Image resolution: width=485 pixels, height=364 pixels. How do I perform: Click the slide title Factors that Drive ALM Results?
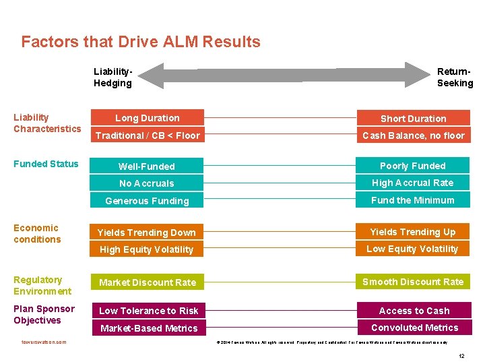click(x=141, y=42)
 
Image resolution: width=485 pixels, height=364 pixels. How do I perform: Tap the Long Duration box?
click(x=148, y=118)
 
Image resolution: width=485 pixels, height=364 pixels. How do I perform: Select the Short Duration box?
click(x=413, y=119)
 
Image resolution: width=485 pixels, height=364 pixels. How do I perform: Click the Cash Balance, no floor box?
click(x=413, y=135)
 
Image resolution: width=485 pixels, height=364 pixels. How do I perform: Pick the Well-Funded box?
click(x=147, y=166)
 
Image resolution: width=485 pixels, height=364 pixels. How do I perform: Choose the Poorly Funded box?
click(x=413, y=166)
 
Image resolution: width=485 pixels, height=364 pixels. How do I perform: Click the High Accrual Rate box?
click(x=413, y=183)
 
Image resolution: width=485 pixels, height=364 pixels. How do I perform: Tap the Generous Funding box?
click(x=147, y=201)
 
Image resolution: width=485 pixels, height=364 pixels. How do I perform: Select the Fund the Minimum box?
click(x=413, y=200)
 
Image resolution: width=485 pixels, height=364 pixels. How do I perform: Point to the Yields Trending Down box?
click(x=147, y=233)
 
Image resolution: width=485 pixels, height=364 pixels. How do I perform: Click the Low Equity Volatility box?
click(x=413, y=249)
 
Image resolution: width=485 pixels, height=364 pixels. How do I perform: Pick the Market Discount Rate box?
click(x=147, y=282)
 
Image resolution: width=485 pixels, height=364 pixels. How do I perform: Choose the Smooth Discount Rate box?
click(x=413, y=282)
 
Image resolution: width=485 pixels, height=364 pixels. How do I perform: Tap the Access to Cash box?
click(x=414, y=311)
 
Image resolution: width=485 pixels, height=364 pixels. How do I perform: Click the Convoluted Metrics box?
click(x=414, y=328)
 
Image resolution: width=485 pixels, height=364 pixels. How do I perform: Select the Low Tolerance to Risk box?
click(x=148, y=311)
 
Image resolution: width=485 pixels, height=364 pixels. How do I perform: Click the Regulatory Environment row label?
click(x=42, y=286)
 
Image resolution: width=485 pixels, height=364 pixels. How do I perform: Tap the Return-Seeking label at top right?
click(x=455, y=78)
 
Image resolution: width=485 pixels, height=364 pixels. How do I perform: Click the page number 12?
click(x=461, y=355)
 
